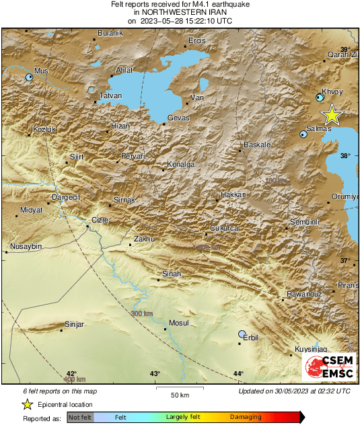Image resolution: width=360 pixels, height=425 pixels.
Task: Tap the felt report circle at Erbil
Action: (x=243, y=334)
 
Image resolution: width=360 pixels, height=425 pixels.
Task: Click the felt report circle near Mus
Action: (x=29, y=78)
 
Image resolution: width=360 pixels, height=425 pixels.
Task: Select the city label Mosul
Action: (x=178, y=323)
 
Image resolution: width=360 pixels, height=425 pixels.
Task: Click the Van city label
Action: (x=197, y=98)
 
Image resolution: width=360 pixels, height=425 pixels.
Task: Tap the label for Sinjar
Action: (x=74, y=325)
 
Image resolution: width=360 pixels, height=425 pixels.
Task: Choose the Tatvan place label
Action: (x=110, y=96)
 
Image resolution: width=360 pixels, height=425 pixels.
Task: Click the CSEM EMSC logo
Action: (x=329, y=368)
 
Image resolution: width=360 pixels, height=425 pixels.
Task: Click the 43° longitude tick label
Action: (x=155, y=374)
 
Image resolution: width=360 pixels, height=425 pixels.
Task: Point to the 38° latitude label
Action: (x=345, y=155)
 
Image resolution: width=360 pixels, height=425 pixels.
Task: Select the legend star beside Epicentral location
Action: (x=27, y=404)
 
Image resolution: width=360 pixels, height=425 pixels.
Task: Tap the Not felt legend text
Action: (x=80, y=418)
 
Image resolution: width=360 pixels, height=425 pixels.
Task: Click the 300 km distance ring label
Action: (x=142, y=314)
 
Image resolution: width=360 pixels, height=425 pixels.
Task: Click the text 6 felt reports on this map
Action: (x=60, y=391)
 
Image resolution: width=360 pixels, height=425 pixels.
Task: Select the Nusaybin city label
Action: (x=24, y=247)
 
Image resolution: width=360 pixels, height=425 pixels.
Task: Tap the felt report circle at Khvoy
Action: (x=320, y=98)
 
